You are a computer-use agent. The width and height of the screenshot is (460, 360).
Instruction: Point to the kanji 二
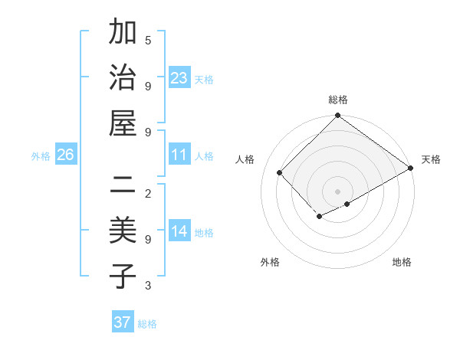click(x=123, y=185)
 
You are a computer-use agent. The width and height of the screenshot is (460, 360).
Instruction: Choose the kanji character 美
click(x=123, y=231)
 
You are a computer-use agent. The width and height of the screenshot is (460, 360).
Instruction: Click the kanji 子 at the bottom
click(x=123, y=277)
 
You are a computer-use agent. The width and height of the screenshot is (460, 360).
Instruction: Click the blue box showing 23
click(x=179, y=78)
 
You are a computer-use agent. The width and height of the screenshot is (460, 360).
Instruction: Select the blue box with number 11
click(x=179, y=155)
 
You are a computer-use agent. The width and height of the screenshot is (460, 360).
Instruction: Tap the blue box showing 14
click(x=179, y=231)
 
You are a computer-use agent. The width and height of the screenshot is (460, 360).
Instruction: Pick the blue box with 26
click(x=66, y=155)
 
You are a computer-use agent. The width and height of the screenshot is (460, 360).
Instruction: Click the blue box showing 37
click(x=122, y=322)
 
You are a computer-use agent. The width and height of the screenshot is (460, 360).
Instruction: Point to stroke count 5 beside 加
click(x=148, y=40)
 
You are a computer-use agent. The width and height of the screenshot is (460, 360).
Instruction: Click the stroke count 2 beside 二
click(x=148, y=193)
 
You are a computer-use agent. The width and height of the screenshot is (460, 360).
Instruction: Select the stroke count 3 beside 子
click(x=148, y=286)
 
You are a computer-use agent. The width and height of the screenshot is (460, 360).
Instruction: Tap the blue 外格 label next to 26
click(x=41, y=156)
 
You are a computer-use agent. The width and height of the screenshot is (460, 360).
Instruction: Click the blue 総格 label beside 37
click(x=147, y=324)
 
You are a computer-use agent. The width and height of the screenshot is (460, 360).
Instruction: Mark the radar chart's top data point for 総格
click(x=337, y=116)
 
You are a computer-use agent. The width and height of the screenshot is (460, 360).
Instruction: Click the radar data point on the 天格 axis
click(x=411, y=169)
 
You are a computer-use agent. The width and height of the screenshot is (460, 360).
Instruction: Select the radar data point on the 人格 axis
click(x=280, y=173)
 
